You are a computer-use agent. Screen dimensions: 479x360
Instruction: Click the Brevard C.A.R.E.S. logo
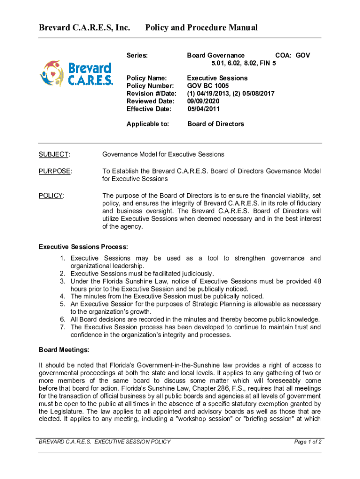76,73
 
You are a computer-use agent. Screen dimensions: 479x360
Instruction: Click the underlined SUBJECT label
54,154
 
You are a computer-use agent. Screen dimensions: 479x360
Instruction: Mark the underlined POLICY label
51,196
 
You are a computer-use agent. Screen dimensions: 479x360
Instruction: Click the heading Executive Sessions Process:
83,247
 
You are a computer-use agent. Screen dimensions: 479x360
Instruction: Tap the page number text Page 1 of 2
307,442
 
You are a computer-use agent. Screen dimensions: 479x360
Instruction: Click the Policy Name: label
147,78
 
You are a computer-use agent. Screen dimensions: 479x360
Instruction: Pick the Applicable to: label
148,124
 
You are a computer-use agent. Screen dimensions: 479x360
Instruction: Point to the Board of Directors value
216,124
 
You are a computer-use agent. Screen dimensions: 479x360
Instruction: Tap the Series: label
137,56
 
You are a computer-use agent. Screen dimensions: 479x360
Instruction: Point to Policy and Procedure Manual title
202,28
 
